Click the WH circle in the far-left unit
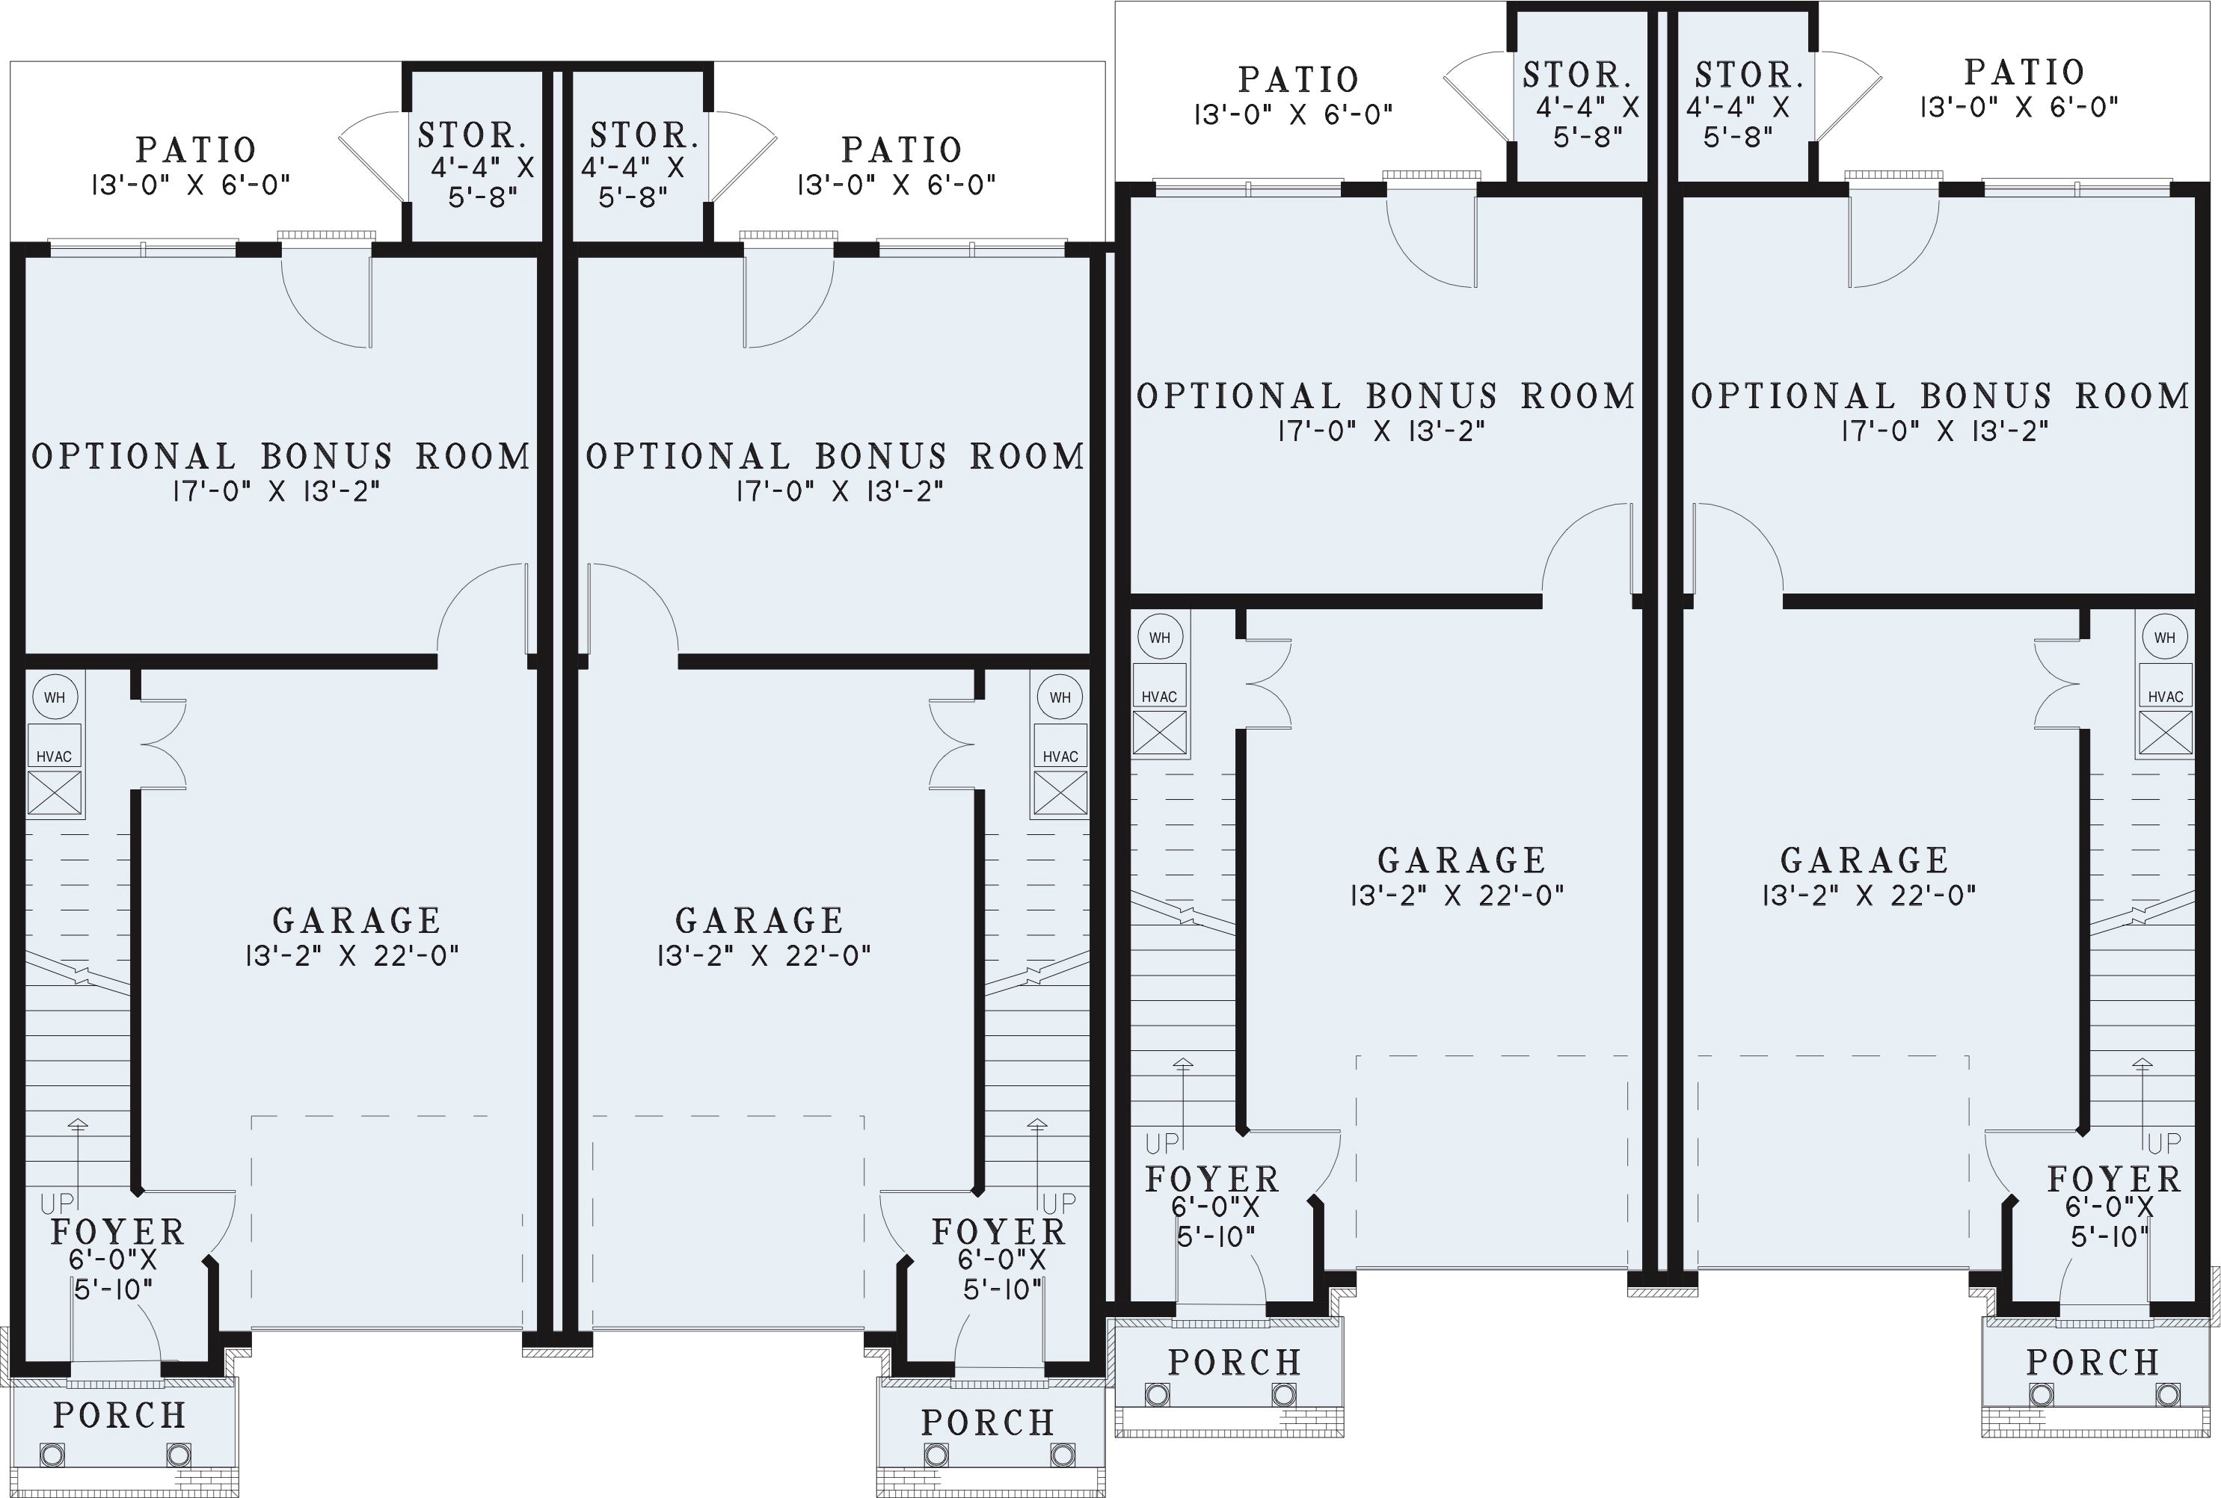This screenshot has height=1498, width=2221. (55, 697)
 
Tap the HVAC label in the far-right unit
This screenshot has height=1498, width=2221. (2166, 697)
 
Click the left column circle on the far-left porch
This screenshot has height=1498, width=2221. (52, 1455)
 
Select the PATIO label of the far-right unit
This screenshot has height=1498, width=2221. (2024, 72)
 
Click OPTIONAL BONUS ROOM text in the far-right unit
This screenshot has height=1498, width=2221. (1940, 395)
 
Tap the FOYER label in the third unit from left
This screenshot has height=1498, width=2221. (1211, 1180)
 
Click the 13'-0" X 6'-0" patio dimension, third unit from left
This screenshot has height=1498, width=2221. (1293, 114)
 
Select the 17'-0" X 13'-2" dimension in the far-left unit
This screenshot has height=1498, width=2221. (276, 491)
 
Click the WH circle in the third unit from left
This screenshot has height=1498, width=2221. (1159, 637)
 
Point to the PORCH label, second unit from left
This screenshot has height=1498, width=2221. (988, 1423)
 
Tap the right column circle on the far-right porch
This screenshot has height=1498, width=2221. (2170, 1394)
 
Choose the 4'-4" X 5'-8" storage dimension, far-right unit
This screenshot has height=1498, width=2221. (1737, 121)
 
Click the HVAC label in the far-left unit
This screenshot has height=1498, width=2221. (55, 756)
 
